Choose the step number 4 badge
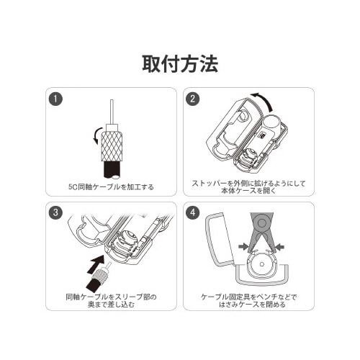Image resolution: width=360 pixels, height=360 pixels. [x=192, y=213]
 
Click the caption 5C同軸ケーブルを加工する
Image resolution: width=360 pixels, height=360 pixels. [x=110, y=187]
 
